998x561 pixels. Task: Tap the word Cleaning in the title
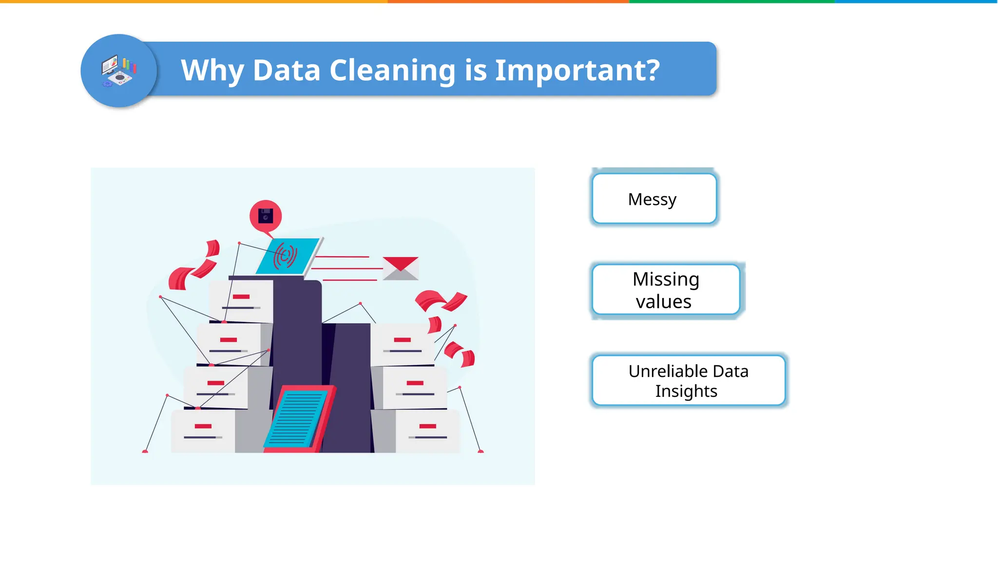pyautogui.click(x=392, y=71)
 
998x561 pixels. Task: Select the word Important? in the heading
pyautogui.click(x=577, y=71)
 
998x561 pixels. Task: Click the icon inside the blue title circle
pyautogui.click(x=118, y=71)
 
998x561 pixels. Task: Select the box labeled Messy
pyautogui.click(x=654, y=199)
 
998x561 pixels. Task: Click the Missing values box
pyautogui.click(x=666, y=290)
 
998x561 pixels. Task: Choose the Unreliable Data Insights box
pyautogui.click(x=688, y=380)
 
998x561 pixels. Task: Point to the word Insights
pyautogui.click(x=686, y=391)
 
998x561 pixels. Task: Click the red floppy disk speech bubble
pyautogui.click(x=266, y=216)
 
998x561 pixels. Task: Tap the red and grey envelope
pyautogui.click(x=401, y=268)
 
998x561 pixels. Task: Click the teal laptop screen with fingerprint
pyautogui.click(x=287, y=256)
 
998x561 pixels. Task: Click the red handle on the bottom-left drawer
pyautogui.click(x=203, y=426)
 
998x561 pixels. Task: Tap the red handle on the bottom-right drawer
pyautogui.click(x=427, y=426)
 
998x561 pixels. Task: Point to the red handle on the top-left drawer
pyautogui.click(x=241, y=297)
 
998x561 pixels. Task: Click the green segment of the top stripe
pyautogui.click(x=731, y=1)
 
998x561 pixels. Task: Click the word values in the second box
pyautogui.click(x=663, y=302)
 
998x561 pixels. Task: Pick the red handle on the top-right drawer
pyautogui.click(x=402, y=340)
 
